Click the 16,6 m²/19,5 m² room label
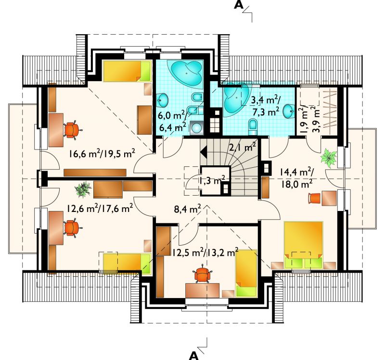[102, 154]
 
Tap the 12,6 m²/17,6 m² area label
[100, 209]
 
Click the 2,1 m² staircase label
[243, 148]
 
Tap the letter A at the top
[238, 5]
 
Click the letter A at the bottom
[194, 355]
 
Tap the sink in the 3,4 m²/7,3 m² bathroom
[288, 111]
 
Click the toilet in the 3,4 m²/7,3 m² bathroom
[252, 126]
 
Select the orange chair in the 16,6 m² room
[72, 129]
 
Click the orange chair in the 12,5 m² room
[202, 274]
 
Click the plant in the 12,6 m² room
[83, 189]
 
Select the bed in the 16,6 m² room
[127, 71]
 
